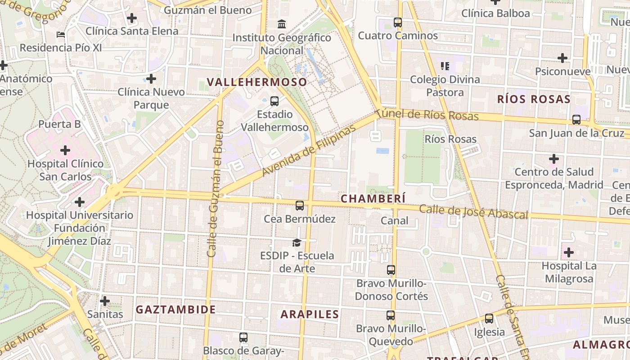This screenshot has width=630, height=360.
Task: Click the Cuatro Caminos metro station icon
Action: click(x=398, y=22)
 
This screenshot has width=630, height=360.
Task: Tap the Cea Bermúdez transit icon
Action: click(x=300, y=206)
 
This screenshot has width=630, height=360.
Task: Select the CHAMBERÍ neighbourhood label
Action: click(x=373, y=198)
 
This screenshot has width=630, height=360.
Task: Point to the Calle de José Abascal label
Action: click(x=473, y=212)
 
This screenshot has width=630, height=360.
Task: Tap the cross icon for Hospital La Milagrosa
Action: click(x=569, y=252)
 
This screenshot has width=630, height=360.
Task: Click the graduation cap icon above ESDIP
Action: click(x=297, y=243)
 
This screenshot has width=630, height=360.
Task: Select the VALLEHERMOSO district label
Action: click(x=257, y=82)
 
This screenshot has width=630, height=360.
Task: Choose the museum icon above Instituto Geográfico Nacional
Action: click(x=282, y=24)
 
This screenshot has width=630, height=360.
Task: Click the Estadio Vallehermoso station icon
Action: click(x=274, y=101)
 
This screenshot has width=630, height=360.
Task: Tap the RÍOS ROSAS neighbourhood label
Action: click(x=534, y=99)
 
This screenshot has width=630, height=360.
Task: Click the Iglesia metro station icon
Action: click(x=489, y=319)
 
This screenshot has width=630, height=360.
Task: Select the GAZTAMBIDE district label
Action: click(x=176, y=310)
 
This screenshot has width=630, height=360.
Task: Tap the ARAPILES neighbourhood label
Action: click(x=310, y=314)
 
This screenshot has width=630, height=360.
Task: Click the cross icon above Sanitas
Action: click(x=105, y=301)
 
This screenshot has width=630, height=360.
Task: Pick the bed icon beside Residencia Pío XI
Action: click(x=61, y=35)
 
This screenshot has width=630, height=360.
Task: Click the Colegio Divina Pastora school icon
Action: click(x=445, y=67)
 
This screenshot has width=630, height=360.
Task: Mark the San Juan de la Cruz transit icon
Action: click(x=576, y=120)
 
